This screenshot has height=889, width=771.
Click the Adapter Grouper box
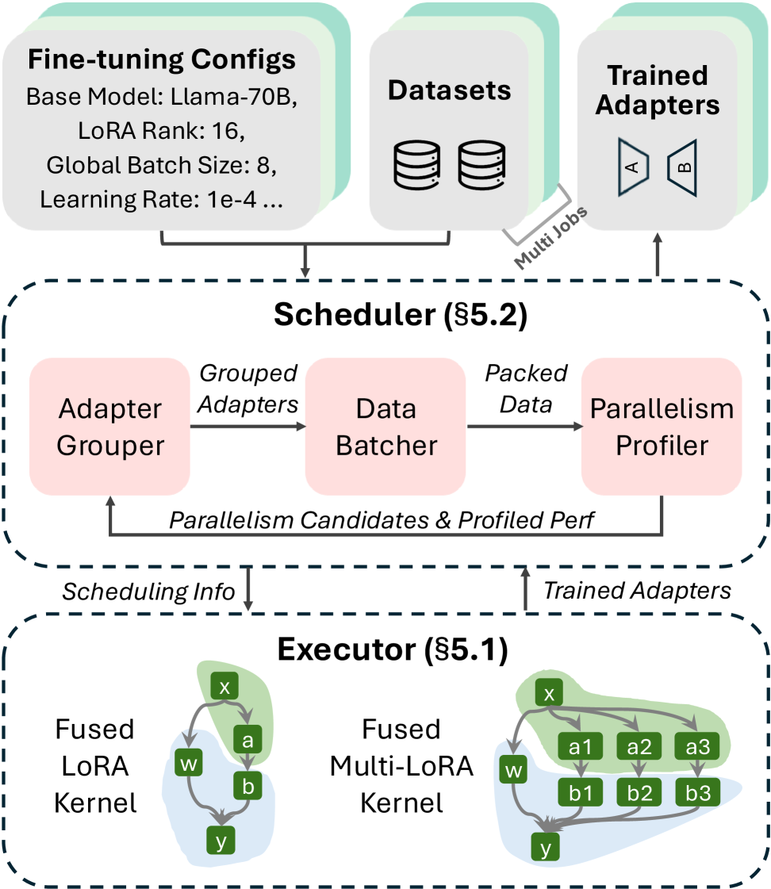click(109, 427)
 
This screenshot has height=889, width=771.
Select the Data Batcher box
click(385, 427)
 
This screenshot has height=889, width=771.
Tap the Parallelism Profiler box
click(662, 427)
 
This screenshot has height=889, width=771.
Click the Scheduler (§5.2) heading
click(401, 315)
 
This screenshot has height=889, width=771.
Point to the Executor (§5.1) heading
click(393, 650)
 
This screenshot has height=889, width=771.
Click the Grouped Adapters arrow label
click(247, 389)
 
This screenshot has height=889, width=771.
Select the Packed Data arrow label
click(526, 389)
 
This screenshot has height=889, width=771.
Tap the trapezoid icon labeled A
click(633, 167)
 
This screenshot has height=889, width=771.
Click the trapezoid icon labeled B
click(682, 168)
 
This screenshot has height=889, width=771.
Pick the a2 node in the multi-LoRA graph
click(639, 747)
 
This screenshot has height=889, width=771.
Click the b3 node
click(697, 792)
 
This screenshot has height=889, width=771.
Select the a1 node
click(580, 747)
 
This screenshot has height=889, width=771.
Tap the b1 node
click(580, 792)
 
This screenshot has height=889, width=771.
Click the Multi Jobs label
click(550, 238)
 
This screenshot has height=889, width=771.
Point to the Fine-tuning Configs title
click(162, 59)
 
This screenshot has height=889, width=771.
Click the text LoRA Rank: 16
click(162, 131)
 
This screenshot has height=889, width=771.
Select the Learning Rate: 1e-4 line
click(162, 200)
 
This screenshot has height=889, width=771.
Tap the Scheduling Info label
click(148, 592)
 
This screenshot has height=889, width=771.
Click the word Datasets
click(450, 90)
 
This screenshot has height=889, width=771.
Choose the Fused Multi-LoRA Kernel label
click(401, 766)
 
